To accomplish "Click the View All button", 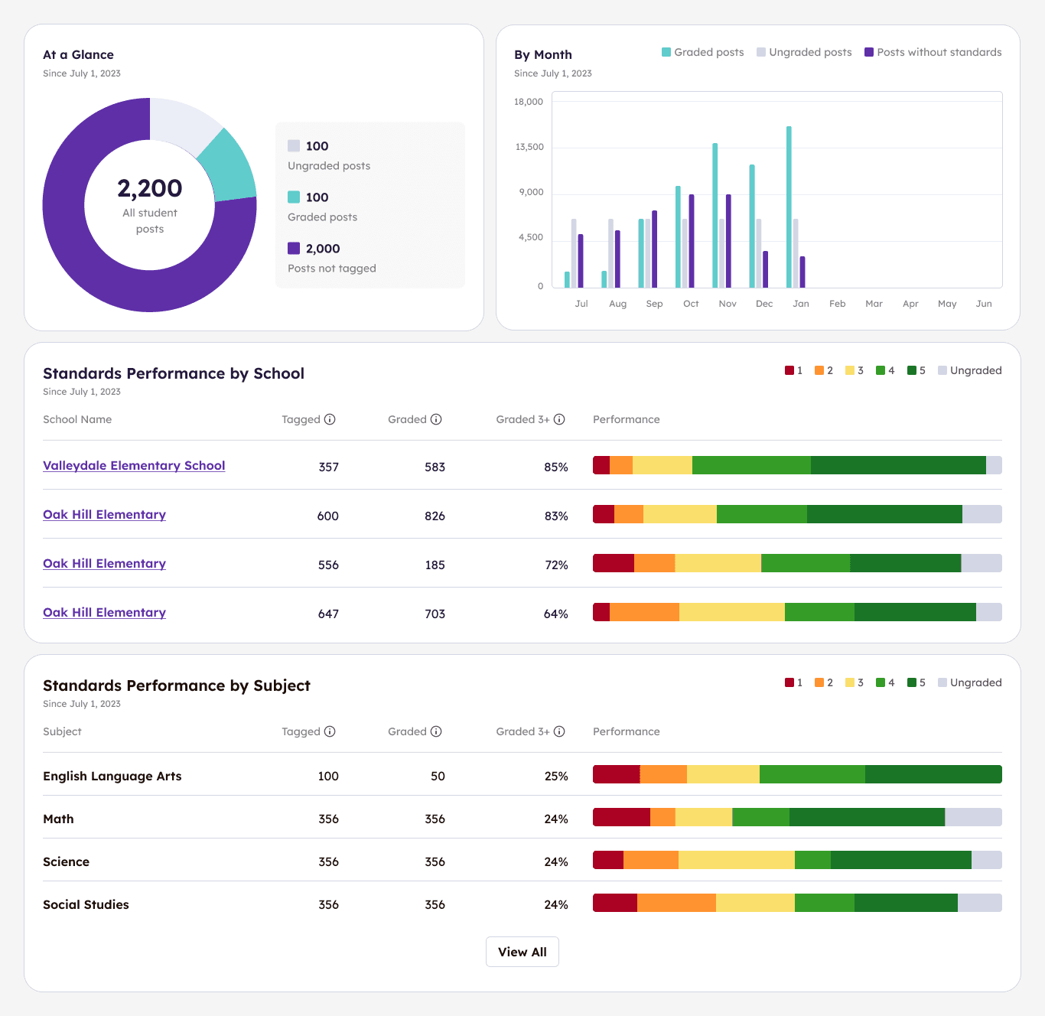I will pyautogui.click(x=522, y=952).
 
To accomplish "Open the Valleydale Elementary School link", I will pyautogui.click(x=134, y=466).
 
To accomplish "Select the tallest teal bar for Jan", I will pyautogui.click(x=789, y=207).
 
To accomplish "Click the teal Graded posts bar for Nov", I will pyautogui.click(x=715, y=215).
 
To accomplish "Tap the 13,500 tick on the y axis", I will pyautogui.click(x=529, y=147).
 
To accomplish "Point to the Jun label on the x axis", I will pyautogui.click(x=984, y=304).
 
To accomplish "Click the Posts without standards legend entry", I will pyautogui.click(x=933, y=52).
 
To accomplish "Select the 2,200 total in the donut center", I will pyautogui.click(x=150, y=188).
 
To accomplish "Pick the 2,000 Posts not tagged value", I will pyautogui.click(x=323, y=249).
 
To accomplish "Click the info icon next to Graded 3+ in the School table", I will pyautogui.click(x=559, y=419).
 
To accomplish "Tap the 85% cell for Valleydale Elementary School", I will pyautogui.click(x=555, y=467).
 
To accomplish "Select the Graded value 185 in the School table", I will pyautogui.click(x=435, y=565).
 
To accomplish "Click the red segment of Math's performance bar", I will pyautogui.click(x=621, y=817).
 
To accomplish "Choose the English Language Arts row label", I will pyautogui.click(x=112, y=776).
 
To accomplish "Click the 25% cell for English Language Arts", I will pyautogui.click(x=555, y=776).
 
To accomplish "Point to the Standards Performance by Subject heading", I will pyautogui.click(x=177, y=685).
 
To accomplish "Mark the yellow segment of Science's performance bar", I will pyautogui.click(x=736, y=860).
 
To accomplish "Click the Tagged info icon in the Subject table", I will pyautogui.click(x=330, y=731).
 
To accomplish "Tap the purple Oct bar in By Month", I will pyautogui.click(x=692, y=241).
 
